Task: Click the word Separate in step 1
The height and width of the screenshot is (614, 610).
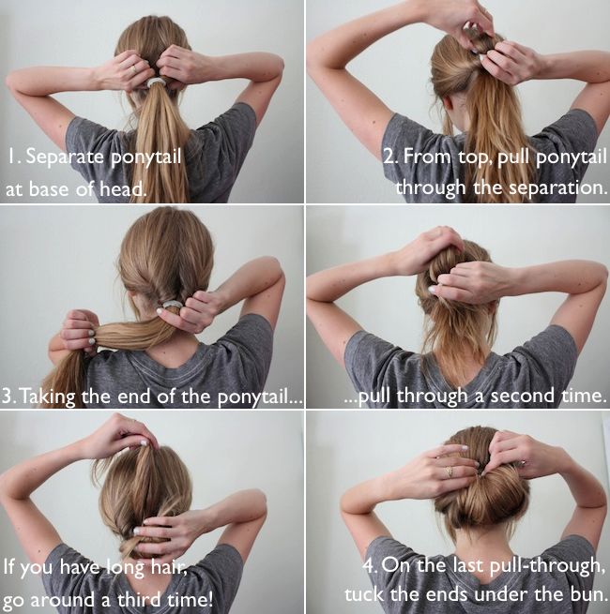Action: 65,157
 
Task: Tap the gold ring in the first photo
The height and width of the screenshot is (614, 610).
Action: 134,69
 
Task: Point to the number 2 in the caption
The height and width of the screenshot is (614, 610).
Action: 389,157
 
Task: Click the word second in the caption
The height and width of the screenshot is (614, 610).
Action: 522,396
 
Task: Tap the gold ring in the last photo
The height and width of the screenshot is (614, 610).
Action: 450,472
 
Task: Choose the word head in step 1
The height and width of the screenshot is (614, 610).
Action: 122,189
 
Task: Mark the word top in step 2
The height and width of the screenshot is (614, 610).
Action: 472,157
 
